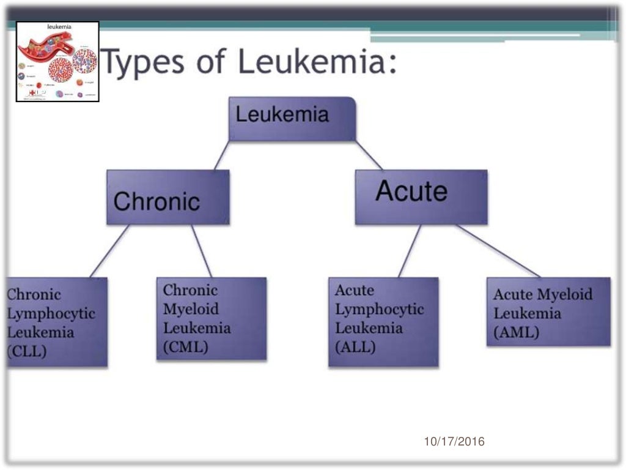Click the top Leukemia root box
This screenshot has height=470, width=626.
(292, 119)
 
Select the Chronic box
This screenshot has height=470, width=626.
(168, 198)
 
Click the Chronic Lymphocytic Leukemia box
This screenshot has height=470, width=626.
(57, 322)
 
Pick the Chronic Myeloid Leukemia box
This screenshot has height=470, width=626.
(212, 318)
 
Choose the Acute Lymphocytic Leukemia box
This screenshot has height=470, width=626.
(383, 322)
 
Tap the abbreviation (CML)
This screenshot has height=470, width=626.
(186, 347)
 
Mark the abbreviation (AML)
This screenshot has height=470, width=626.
(517, 333)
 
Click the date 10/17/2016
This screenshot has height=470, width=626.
(454, 441)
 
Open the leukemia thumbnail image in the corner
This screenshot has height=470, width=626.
(57, 61)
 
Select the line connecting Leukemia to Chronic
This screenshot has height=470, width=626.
(222, 155)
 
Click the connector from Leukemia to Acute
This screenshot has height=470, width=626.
(369, 155)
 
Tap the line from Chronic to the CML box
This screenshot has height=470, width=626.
(202, 251)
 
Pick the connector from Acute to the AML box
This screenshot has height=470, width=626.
(498, 251)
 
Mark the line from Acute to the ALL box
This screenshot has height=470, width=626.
(410, 251)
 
